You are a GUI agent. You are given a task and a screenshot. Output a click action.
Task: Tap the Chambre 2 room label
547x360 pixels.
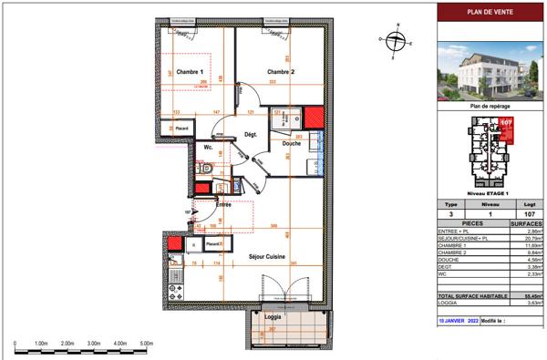(281, 71)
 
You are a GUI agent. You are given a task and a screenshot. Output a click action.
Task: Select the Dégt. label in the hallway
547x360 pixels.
(250, 135)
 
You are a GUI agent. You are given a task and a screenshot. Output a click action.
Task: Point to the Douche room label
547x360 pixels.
(291, 144)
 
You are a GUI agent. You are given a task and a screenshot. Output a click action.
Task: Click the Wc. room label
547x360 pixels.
(208, 147)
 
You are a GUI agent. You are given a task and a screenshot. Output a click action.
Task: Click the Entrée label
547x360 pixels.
(222, 205)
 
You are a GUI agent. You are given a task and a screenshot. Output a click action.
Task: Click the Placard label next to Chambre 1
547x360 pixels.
(182, 129)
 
